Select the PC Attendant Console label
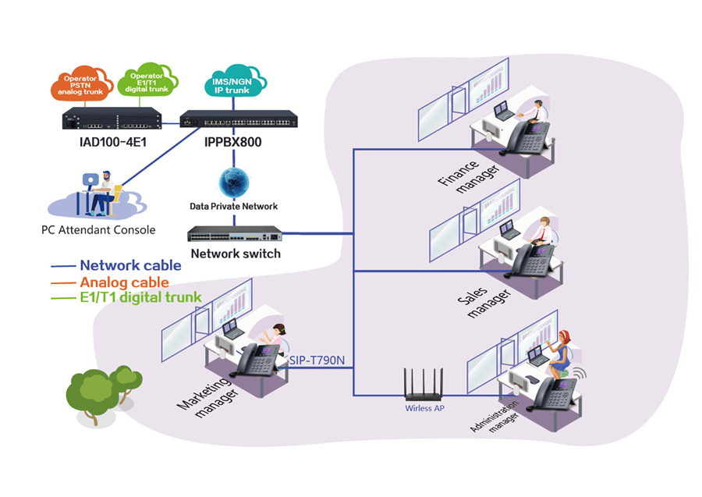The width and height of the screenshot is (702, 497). (98, 230)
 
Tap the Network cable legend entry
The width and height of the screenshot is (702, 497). (130, 265)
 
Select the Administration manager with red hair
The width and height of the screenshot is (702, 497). (559, 351)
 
